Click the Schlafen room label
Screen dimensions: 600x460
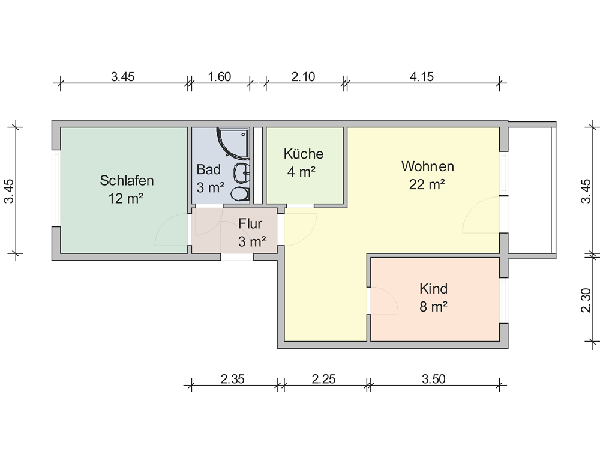pyautogui.click(x=127, y=180)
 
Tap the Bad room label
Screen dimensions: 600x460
pyautogui.click(x=209, y=169)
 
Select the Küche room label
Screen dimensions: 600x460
pyautogui.click(x=304, y=154)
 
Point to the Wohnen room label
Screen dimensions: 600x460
pyautogui.click(x=427, y=166)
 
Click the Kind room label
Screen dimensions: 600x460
pyautogui.click(x=434, y=288)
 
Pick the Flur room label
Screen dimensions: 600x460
pyautogui.click(x=250, y=223)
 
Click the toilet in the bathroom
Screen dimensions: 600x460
pyautogui.click(x=240, y=193)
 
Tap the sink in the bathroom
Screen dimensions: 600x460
pyautogui.click(x=241, y=173)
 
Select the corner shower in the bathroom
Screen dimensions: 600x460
pyautogui.click(x=233, y=142)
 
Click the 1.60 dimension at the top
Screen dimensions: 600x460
pyautogui.click(x=219, y=77)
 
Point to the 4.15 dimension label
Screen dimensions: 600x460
pyautogui.click(x=422, y=77)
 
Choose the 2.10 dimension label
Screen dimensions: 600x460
pyautogui.click(x=303, y=77)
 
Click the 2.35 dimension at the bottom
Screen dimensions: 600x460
pyautogui.click(x=232, y=379)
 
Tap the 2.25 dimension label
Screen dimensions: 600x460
pyautogui.click(x=323, y=379)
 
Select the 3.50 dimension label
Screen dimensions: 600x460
pyautogui.click(x=434, y=379)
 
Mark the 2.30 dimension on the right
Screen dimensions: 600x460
pyautogui.click(x=586, y=300)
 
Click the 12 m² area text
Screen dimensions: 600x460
pyautogui.click(x=125, y=198)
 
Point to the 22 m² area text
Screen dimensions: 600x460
pyautogui.click(x=427, y=184)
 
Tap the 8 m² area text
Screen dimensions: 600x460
pyautogui.click(x=434, y=307)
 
